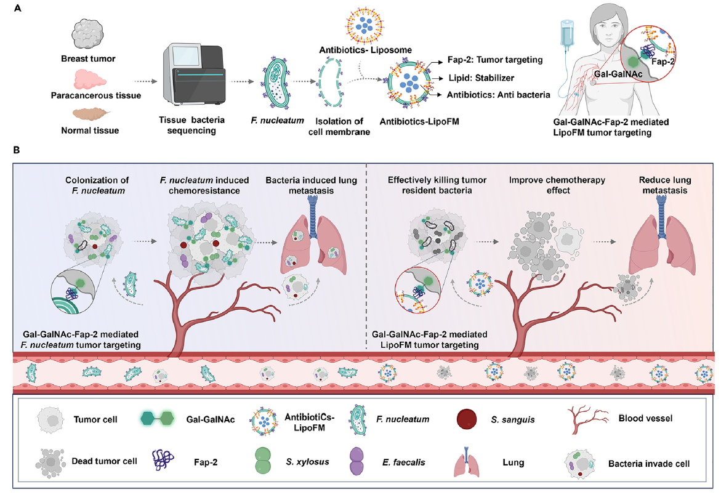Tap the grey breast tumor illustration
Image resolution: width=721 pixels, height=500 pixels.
click(89, 35)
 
